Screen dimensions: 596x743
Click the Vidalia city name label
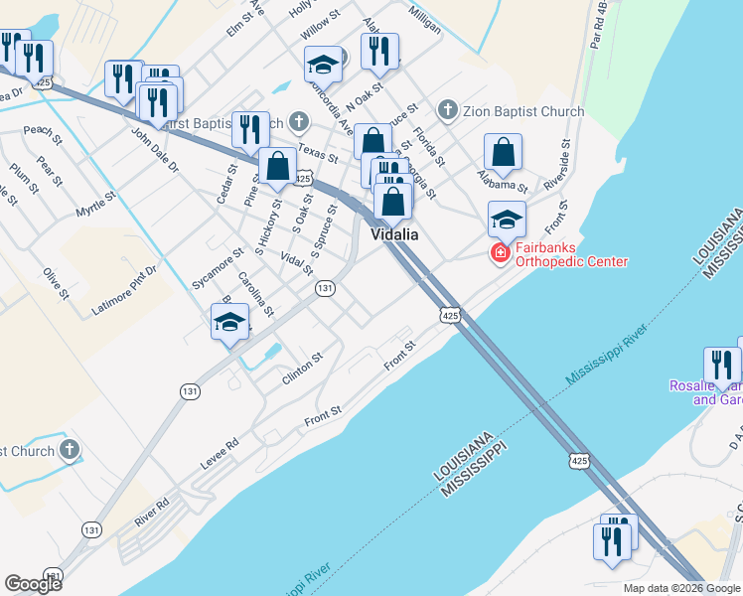point(394,234)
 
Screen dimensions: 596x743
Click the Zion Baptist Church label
point(523,111)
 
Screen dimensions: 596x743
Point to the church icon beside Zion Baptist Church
point(448,111)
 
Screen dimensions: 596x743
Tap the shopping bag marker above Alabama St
point(504,153)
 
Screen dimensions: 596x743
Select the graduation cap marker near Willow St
point(323,65)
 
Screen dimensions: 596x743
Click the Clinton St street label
point(303,370)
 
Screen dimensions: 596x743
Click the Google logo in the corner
point(33,584)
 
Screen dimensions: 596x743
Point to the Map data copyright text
point(680,588)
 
